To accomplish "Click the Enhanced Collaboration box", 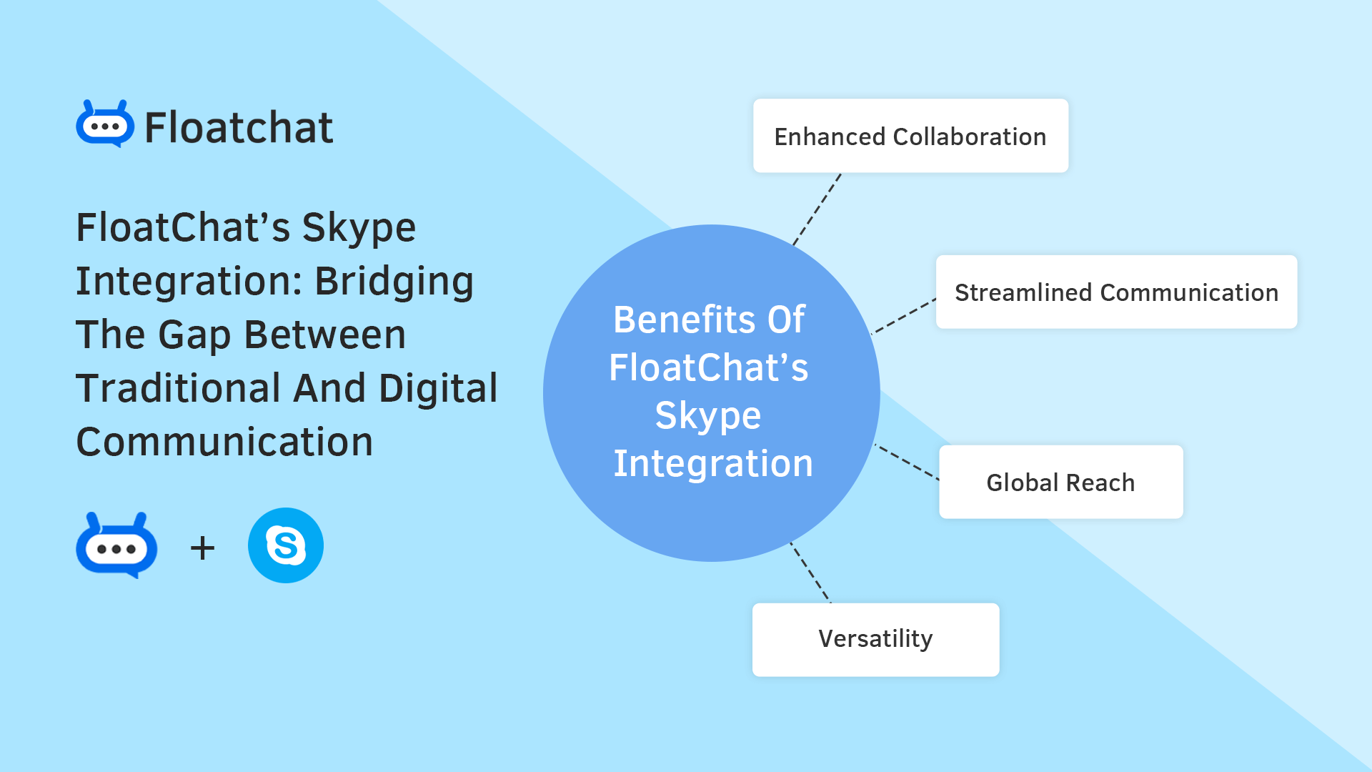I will [x=910, y=136].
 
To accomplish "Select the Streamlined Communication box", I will [x=1116, y=292].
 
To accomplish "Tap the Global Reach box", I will [x=1060, y=482].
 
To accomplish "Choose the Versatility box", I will [x=875, y=639].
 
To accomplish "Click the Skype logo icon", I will [x=286, y=545].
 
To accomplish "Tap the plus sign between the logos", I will [x=202, y=548].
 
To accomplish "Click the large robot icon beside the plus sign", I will [x=116, y=546].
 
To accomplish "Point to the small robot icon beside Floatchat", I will [x=105, y=124].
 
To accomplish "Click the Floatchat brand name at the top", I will [x=239, y=128].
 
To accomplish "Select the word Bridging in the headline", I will [x=394, y=281].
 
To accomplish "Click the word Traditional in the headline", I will [x=179, y=388].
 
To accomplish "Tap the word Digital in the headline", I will [x=437, y=388].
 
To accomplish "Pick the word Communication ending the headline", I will [x=224, y=442].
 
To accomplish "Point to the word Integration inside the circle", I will [x=712, y=463].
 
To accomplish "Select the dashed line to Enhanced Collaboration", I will [x=817, y=209].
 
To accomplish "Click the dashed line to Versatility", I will [x=810, y=573].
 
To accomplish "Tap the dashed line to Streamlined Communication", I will [x=904, y=317].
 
